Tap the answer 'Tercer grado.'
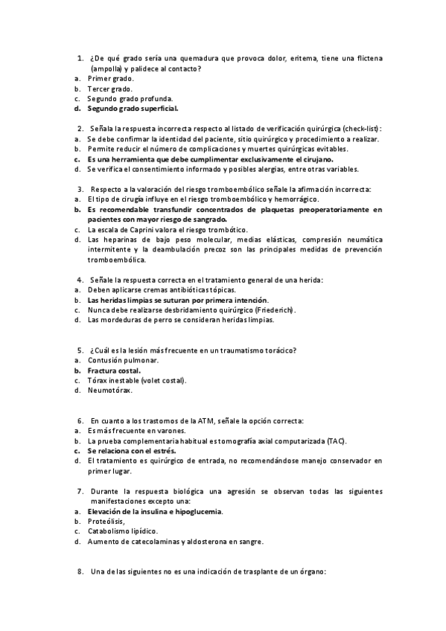(x=109, y=89)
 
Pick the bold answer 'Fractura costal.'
(x=114, y=370)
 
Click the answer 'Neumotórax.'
(x=109, y=390)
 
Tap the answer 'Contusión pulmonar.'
(x=122, y=360)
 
